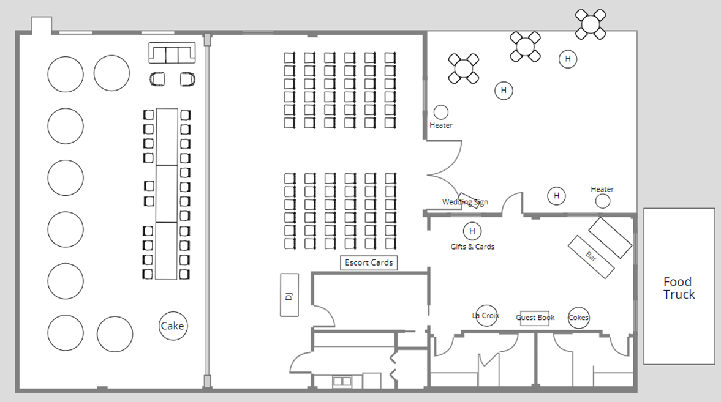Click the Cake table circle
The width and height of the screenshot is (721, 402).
(173, 326)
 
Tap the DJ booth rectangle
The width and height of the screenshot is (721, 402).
(289, 295)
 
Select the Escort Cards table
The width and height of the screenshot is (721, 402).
(369, 262)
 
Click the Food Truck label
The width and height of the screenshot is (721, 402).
(679, 288)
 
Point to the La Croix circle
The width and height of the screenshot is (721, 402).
(486, 316)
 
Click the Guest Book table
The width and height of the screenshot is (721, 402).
(535, 318)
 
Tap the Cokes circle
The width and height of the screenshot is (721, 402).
(578, 318)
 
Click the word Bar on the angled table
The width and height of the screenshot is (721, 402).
(591, 256)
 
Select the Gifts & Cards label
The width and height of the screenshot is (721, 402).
(472, 247)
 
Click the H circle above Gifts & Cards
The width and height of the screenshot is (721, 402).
(472, 231)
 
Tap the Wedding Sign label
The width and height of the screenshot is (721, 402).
(465, 202)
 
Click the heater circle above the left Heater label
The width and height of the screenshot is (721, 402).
(441, 112)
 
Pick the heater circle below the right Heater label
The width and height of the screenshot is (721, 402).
(602, 201)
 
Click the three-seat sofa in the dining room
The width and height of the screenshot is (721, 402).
(172, 53)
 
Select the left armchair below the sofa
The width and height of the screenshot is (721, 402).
(157, 79)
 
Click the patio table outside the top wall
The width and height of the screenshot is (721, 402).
(591, 24)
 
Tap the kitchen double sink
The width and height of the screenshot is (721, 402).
(342, 381)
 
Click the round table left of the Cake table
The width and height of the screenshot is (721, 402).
(115, 334)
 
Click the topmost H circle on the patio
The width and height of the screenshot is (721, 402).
(568, 59)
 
